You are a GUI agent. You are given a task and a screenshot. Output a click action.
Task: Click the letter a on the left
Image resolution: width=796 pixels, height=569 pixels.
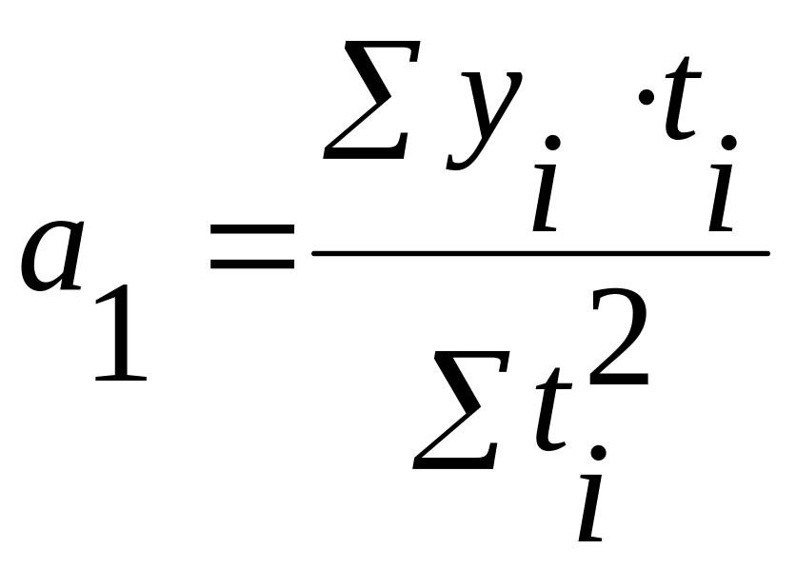(x=55, y=255)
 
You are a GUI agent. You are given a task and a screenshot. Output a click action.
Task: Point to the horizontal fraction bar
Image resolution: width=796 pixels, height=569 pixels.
(x=540, y=253)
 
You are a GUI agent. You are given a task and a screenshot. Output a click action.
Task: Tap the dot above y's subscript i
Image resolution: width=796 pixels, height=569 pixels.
(x=551, y=143)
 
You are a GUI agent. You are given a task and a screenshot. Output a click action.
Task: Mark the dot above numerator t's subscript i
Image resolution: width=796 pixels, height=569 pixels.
(x=728, y=143)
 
